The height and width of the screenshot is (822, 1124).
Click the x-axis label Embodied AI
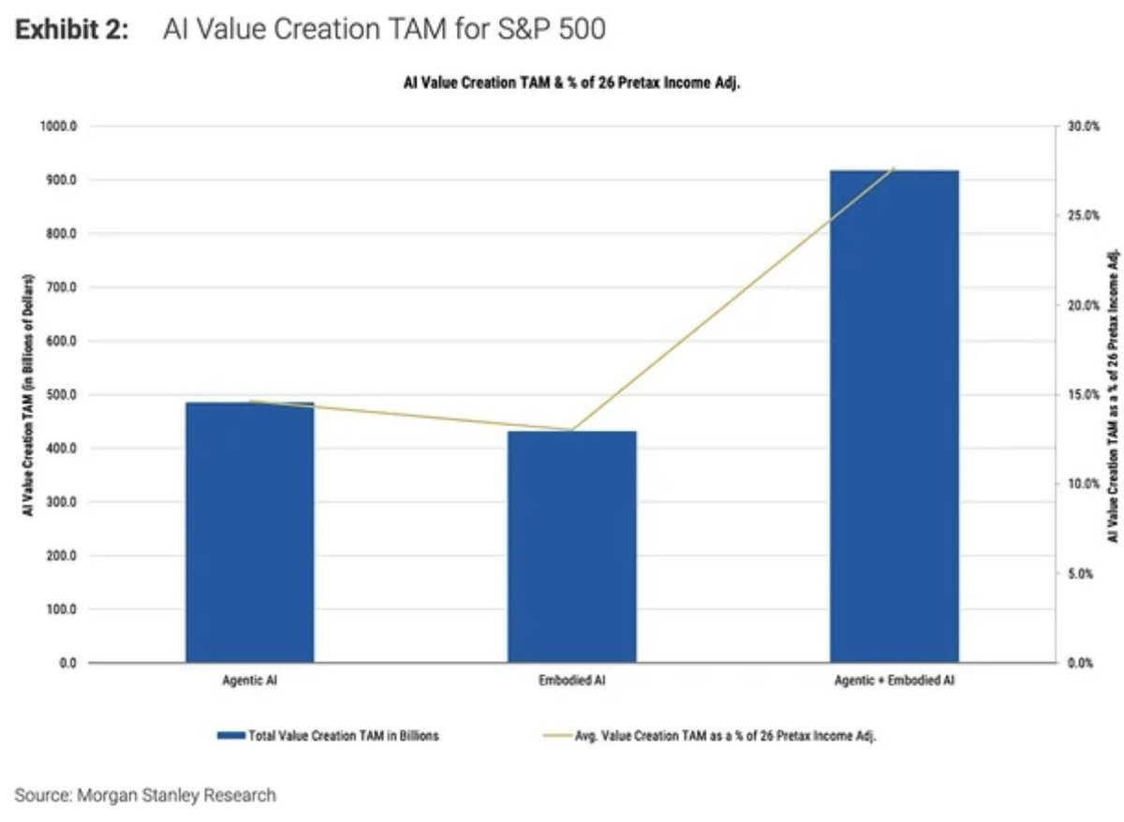point(571,682)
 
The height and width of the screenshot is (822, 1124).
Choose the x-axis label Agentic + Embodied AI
point(894,682)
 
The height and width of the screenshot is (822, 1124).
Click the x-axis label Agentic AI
point(250,682)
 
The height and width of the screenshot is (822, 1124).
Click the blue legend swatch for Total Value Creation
point(230,736)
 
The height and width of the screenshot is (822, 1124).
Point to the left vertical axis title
point(28,395)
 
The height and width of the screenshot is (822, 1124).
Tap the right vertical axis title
point(1113,395)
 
